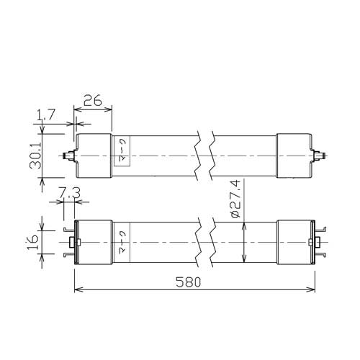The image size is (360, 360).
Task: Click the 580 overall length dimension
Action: tap(188, 282)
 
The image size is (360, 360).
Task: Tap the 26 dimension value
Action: tap(92, 100)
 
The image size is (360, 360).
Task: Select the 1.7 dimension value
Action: tap(47, 114)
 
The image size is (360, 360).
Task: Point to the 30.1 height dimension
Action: tap(35, 156)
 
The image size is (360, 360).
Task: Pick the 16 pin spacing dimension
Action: tap(32, 242)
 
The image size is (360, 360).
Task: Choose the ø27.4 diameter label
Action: tap(235, 199)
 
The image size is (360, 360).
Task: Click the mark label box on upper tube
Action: tap(122, 151)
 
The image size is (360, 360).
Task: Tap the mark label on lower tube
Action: tap(122, 242)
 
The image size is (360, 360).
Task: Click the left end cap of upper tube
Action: tap(94, 156)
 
